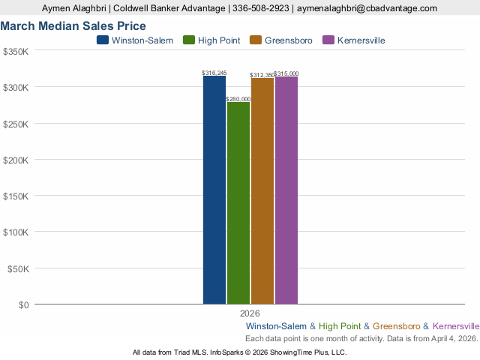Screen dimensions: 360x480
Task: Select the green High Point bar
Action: point(238,202)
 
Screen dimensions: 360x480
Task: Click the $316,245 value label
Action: point(214,73)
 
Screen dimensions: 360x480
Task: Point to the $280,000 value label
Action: point(238,99)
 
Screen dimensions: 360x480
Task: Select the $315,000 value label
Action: point(286,73)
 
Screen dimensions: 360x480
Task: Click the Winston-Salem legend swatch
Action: point(103,40)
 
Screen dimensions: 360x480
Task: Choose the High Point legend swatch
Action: point(189,40)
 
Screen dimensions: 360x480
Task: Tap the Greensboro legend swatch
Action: point(256,40)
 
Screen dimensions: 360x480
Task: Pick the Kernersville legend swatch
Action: point(327,40)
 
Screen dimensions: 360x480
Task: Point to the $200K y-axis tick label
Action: point(16,160)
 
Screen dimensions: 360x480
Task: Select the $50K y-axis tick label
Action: point(18,268)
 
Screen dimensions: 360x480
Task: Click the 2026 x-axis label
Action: point(250,313)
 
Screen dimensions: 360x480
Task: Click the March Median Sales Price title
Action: point(73,26)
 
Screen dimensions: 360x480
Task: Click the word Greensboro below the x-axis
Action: point(397,326)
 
